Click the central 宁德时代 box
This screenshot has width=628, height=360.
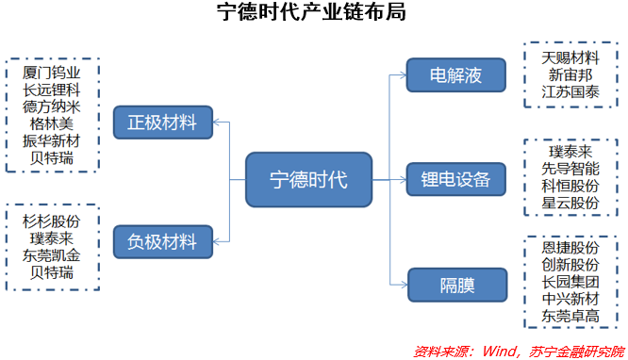[x=308, y=179]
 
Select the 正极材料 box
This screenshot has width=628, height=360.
[x=162, y=122]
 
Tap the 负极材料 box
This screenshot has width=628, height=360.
[x=162, y=241]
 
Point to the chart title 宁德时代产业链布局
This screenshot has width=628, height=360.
[x=312, y=14]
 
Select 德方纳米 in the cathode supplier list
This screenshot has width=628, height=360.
[x=52, y=106]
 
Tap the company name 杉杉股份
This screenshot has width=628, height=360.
[x=52, y=221]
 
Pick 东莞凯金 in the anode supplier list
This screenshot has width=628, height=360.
[x=52, y=255]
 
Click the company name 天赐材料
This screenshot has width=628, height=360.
[x=570, y=57]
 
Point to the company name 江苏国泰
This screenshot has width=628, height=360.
[x=570, y=91]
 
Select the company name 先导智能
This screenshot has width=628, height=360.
[x=570, y=168]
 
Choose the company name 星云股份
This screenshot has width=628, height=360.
[x=570, y=203]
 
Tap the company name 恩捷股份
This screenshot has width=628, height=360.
[x=570, y=247]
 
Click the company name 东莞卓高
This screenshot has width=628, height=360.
[x=570, y=316]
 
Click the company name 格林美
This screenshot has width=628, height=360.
[x=52, y=123]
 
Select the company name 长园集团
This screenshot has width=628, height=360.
[x=570, y=281]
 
